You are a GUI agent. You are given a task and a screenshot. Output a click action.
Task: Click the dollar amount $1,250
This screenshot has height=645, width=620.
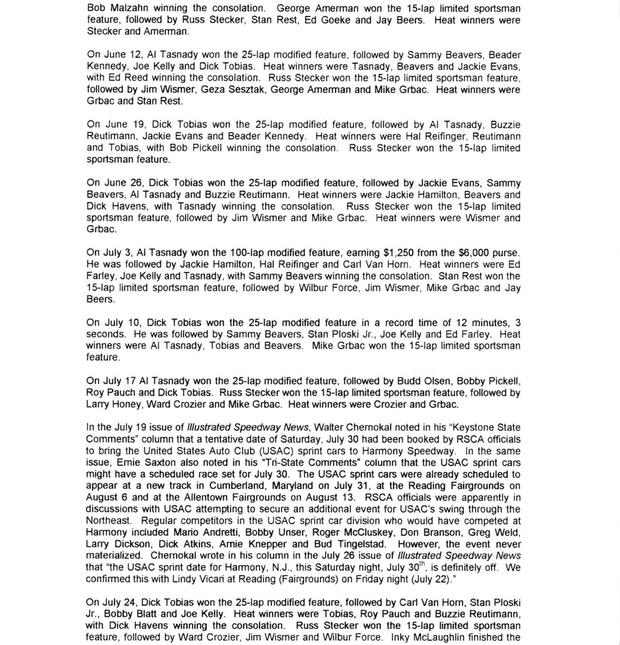tap(401, 253)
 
